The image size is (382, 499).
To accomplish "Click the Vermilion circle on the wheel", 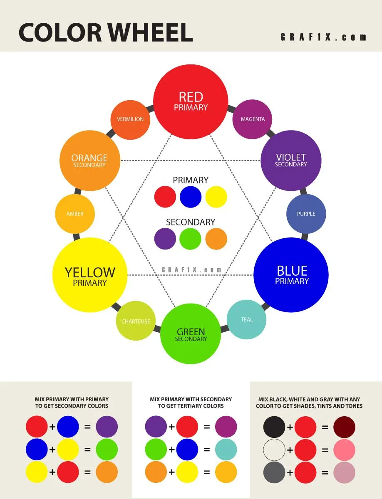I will pyautogui.click(x=130, y=119).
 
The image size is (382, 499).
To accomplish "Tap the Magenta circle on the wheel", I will pyautogui.click(x=253, y=119).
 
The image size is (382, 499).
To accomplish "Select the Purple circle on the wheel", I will pyautogui.click(x=306, y=214).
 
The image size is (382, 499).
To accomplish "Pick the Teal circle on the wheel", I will pyautogui.click(x=246, y=319).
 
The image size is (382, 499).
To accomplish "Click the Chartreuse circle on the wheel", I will pyautogui.click(x=136, y=321).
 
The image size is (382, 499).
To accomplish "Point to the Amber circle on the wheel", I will pyautogui.click(x=75, y=214).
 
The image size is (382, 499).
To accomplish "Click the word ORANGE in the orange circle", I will pyautogui.click(x=89, y=158).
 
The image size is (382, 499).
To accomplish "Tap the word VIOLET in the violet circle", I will pyautogui.click(x=291, y=157).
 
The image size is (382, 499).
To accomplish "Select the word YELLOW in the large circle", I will pyautogui.click(x=90, y=272).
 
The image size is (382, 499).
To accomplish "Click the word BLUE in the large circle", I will pyautogui.click(x=292, y=271).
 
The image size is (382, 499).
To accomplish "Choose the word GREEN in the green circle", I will pyautogui.click(x=191, y=332).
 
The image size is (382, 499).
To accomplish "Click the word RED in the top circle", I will pyautogui.click(x=191, y=97).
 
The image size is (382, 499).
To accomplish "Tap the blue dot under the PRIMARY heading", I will pyautogui.click(x=191, y=197).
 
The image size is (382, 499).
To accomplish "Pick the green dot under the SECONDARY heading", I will pyautogui.click(x=191, y=239).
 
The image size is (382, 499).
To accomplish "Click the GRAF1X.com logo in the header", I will pyautogui.click(x=323, y=37).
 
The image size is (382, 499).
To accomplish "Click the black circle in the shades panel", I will pyautogui.click(x=274, y=427).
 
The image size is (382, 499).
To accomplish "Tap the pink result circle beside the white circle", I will pyautogui.click(x=345, y=450).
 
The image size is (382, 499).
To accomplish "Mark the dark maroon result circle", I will pyautogui.click(x=345, y=427).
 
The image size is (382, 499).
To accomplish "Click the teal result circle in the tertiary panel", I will pyautogui.click(x=226, y=450).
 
